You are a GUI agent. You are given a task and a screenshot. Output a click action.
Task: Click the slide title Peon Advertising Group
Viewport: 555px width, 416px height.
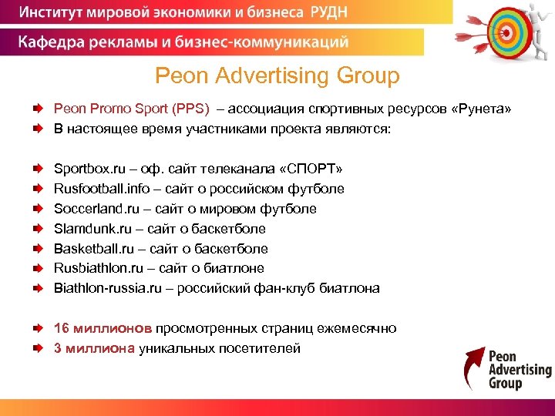[277, 76]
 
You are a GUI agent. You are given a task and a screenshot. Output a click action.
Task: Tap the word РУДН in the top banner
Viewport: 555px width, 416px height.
[400, 12]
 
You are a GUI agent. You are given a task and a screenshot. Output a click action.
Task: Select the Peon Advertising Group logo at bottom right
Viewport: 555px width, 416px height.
[508, 369]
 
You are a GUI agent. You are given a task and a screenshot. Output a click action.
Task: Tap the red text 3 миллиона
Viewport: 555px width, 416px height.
[94, 348]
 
